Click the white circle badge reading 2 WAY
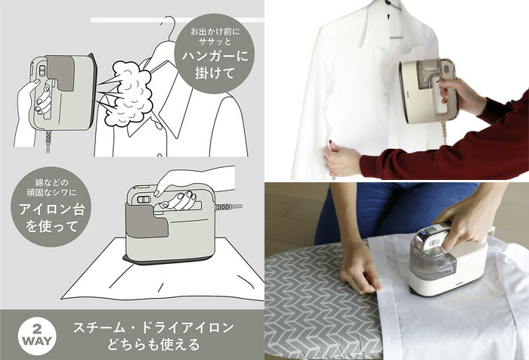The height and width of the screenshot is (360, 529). click(x=37, y=335)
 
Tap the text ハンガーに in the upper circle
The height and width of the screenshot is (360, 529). click(x=215, y=55)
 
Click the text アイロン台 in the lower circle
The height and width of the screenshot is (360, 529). click(x=51, y=209)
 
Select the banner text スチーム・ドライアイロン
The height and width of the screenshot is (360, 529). click(x=153, y=327)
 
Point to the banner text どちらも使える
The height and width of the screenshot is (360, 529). click(x=154, y=345)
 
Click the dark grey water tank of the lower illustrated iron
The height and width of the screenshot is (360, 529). click(x=147, y=220)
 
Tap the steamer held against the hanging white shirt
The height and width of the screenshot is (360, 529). click(x=428, y=92)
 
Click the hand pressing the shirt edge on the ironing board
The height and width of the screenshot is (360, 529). click(x=360, y=270)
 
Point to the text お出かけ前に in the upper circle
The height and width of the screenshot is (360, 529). click(x=215, y=33)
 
